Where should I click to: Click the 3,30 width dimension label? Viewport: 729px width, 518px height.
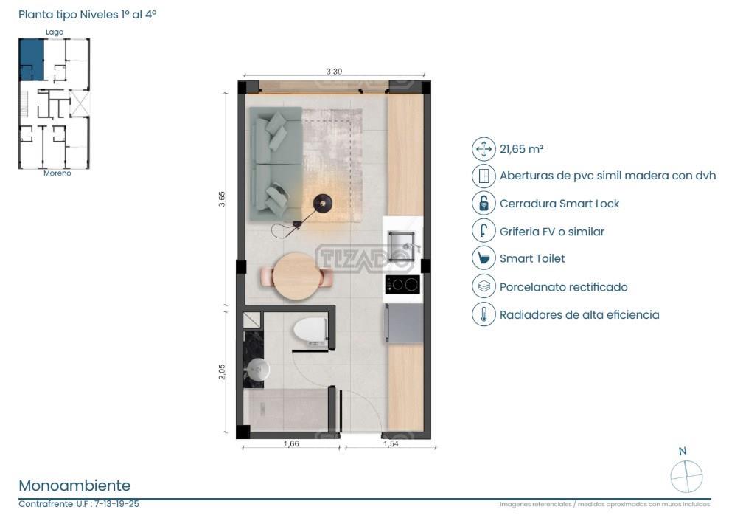[334, 72]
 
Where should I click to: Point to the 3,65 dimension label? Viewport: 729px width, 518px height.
[222, 198]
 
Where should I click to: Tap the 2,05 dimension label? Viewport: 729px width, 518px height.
[222, 371]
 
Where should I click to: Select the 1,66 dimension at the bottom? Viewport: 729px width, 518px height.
[291, 443]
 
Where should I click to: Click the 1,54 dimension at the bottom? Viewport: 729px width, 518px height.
[391, 443]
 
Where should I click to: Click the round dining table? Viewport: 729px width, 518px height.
[296, 276]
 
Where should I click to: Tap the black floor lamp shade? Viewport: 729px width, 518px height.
[323, 204]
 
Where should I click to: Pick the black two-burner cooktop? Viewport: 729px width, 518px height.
[402, 284]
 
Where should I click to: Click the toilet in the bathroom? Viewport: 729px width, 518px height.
[310, 331]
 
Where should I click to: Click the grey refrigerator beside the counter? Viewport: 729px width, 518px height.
[403, 323]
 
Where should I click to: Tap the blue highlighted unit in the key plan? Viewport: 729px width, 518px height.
[31, 60]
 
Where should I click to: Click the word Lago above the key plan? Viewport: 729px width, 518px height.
[55, 32]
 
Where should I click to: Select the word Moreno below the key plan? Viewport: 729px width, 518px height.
[57, 173]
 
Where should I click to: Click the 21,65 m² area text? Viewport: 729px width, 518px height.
[521, 149]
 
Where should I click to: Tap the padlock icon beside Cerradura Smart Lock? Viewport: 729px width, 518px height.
[484, 204]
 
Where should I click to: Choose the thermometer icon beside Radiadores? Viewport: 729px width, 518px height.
[484, 314]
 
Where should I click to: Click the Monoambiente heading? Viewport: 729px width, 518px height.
[74, 486]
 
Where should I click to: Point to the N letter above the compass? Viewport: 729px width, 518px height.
[683, 451]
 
